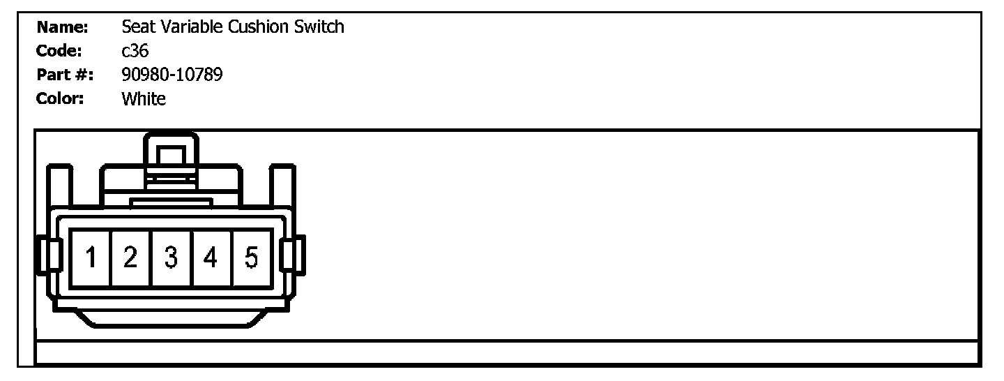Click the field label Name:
click(x=62, y=27)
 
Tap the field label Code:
click(x=59, y=51)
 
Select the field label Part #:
click(x=65, y=75)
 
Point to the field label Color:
click(x=60, y=98)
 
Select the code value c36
click(x=135, y=51)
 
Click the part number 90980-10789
click(x=172, y=75)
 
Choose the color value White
click(x=144, y=98)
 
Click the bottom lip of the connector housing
click(x=171, y=319)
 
